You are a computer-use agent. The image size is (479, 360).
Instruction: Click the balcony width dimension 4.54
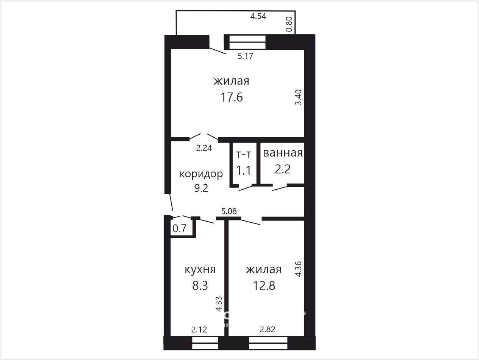pyautogui.click(x=258, y=16)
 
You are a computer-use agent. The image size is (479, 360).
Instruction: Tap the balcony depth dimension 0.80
pyautogui.click(x=289, y=24)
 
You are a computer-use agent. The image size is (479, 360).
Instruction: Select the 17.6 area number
pyautogui.click(x=232, y=97)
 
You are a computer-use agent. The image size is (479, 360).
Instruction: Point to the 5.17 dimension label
pyautogui.click(x=245, y=56)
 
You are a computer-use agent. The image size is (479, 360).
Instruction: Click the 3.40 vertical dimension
pyautogui.click(x=298, y=97)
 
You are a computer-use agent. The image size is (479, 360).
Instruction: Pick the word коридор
pyautogui.click(x=201, y=174)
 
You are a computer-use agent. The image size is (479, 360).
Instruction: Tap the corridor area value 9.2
pyautogui.click(x=201, y=188)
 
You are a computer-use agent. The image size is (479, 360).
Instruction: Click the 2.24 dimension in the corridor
pyautogui.click(x=204, y=148)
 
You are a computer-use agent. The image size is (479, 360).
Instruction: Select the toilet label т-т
pyautogui.click(x=244, y=155)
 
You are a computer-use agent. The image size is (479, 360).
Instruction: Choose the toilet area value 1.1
pyautogui.click(x=244, y=170)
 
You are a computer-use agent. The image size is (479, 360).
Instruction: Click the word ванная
pyautogui.click(x=283, y=153)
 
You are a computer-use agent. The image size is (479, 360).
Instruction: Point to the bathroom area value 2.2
pyautogui.click(x=283, y=169)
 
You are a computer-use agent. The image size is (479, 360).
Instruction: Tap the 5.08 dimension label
pyautogui.click(x=229, y=211)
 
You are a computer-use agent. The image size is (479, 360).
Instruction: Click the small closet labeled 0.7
pyautogui.click(x=179, y=229)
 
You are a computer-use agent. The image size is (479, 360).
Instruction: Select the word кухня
pyautogui.click(x=200, y=270)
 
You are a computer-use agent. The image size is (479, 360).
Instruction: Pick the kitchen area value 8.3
pyautogui.click(x=200, y=286)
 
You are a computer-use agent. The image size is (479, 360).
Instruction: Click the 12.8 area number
pyautogui.click(x=264, y=286)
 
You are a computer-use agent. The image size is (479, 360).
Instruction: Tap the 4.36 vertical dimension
pyautogui.click(x=298, y=269)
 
